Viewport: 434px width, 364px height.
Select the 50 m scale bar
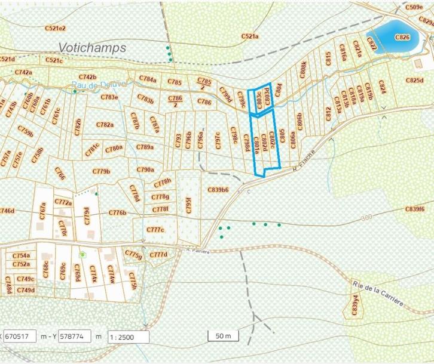223,335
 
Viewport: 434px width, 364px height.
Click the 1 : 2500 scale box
129,337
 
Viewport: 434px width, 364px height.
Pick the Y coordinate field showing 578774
74,336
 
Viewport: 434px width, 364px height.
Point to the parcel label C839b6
218,190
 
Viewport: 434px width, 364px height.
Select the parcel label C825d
414,80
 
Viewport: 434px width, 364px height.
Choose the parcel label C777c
155,230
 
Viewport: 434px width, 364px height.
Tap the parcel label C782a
104,125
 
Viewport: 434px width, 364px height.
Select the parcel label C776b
118,212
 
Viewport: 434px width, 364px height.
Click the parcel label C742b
87,77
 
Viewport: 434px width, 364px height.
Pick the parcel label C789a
145,147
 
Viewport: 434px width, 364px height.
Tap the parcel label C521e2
55,28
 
